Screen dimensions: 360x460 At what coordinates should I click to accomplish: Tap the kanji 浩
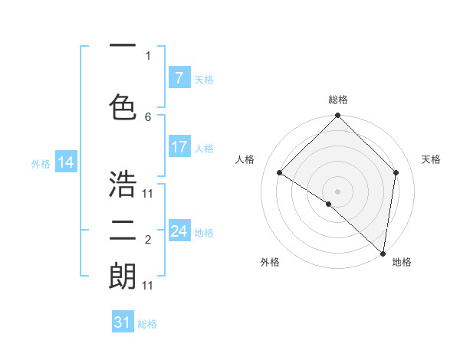click(123, 183)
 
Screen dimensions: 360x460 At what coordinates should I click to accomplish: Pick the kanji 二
click(123, 230)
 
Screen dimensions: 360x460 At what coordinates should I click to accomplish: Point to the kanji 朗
click(123, 276)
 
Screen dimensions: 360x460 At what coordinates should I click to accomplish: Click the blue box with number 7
click(179, 78)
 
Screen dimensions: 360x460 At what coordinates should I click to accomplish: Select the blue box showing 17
click(179, 147)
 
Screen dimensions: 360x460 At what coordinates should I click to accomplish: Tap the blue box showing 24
click(179, 231)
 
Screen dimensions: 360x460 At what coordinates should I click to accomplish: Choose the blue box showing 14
click(66, 162)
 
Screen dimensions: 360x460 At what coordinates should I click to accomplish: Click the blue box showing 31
click(123, 322)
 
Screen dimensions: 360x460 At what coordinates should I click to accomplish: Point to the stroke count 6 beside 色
click(148, 116)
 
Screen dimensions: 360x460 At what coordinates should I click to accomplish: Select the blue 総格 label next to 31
click(147, 324)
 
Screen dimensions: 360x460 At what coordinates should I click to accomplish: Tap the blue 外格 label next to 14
click(41, 163)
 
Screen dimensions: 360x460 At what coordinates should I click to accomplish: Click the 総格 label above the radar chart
click(338, 100)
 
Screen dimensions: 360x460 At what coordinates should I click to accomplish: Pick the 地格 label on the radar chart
click(402, 262)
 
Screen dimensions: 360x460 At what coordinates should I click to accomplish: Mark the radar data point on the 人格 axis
click(279, 173)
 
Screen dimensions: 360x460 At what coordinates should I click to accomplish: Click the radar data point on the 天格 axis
click(396, 172)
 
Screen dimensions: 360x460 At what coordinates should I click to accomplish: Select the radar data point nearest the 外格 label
click(329, 204)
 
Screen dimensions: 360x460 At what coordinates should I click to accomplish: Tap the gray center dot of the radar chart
click(337, 191)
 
